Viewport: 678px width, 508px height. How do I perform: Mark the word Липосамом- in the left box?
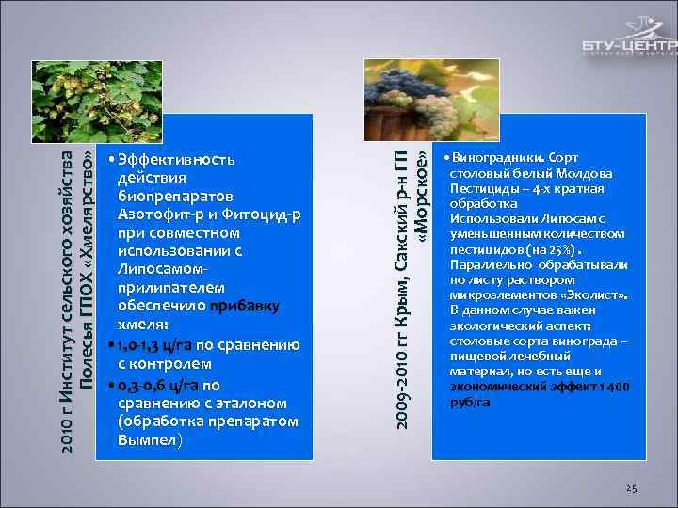pos(158,270)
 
